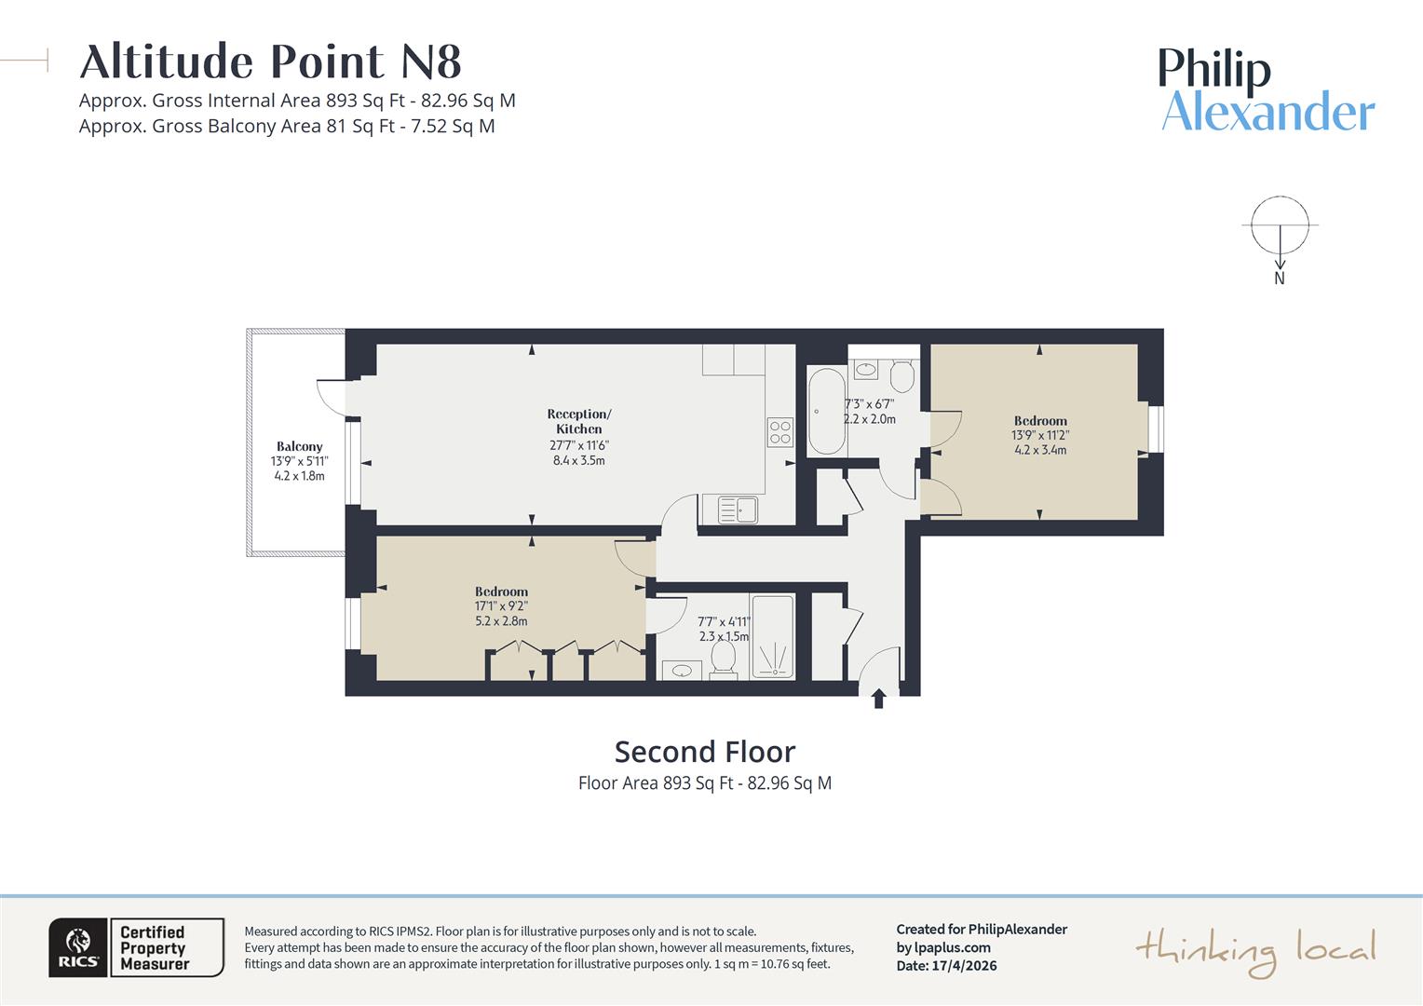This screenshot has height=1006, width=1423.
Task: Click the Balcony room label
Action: click(299, 446)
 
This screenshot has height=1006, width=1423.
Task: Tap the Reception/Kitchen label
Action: click(578, 421)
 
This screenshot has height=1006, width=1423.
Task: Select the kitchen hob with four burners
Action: click(780, 432)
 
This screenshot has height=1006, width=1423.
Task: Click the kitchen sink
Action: click(738, 510)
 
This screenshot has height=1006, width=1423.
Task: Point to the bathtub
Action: click(826, 411)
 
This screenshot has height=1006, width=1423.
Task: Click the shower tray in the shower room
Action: click(772, 636)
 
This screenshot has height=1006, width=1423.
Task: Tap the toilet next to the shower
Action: click(724, 659)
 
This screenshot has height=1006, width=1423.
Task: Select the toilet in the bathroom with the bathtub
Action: click(902, 375)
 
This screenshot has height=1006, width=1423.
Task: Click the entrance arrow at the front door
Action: click(878, 699)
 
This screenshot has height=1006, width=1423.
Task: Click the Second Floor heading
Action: click(704, 752)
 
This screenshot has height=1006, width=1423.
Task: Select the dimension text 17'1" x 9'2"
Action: click(501, 606)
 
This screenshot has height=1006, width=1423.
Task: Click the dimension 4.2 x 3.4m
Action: click(1040, 450)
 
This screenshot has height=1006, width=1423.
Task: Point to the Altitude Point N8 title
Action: click(271, 61)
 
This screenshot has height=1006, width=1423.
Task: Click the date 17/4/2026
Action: click(964, 965)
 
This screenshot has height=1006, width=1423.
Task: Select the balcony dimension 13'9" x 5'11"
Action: click(299, 461)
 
